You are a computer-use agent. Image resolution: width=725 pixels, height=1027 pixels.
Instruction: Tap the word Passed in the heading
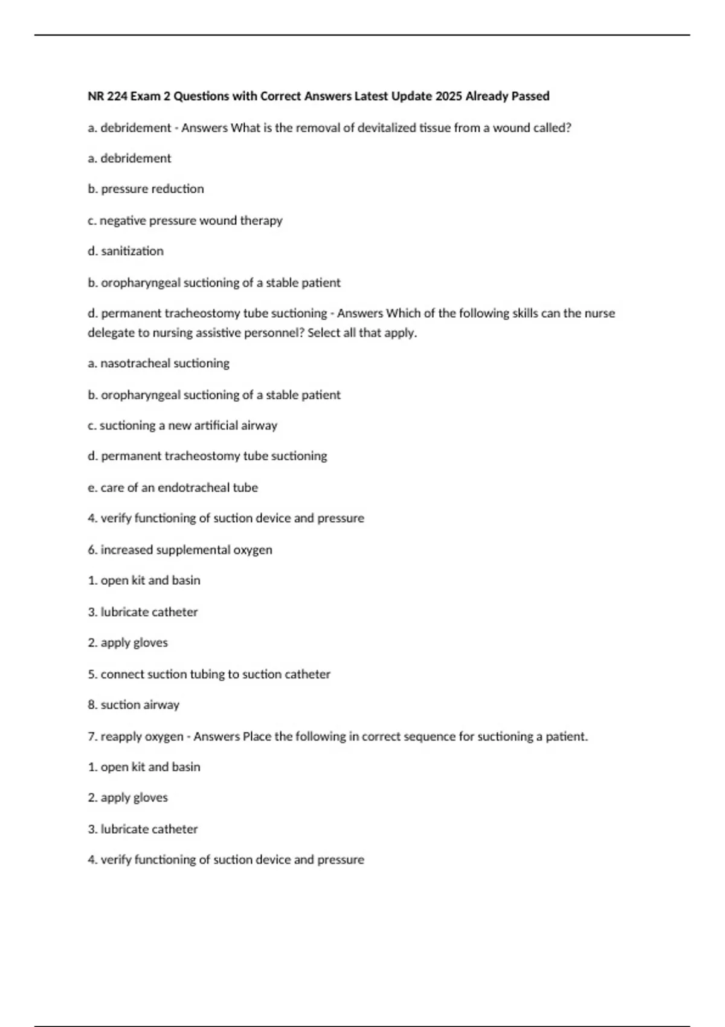click(x=530, y=96)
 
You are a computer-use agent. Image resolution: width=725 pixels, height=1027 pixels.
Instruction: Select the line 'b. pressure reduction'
click(x=146, y=189)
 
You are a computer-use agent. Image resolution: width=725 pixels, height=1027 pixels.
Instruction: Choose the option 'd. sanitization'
click(x=126, y=251)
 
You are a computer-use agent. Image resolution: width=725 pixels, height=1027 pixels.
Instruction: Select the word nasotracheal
click(x=135, y=364)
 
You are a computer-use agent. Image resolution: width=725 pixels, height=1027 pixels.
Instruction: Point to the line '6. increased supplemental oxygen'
click(x=180, y=550)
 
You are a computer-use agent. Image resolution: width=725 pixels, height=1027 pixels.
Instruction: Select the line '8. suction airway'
click(x=134, y=705)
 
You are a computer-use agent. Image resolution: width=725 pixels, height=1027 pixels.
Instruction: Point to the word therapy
click(x=261, y=221)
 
